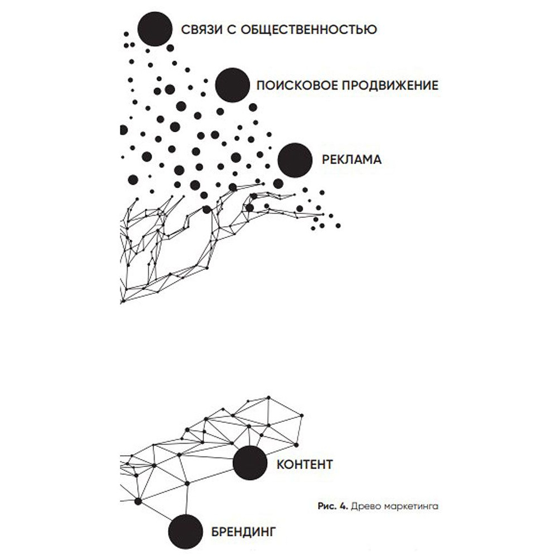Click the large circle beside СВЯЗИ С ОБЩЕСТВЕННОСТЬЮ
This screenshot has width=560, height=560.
(x=155, y=29)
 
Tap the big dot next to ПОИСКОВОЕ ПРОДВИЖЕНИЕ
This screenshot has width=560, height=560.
(x=232, y=85)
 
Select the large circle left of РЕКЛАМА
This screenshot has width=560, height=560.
(x=295, y=160)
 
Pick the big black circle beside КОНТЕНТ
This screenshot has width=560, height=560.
(x=250, y=463)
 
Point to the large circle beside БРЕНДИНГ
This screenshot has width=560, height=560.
(x=185, y=532)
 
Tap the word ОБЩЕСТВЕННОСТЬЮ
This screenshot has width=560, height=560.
(x=309, y=29)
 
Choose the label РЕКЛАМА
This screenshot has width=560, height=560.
(x=352, y=160)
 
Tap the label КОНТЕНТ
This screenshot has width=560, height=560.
(x=305, y=464)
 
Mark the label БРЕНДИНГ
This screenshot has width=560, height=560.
(x=244, y=532)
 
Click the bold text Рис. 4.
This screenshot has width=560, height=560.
(x=333, y=506)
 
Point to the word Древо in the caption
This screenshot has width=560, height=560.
(x=362, y=506)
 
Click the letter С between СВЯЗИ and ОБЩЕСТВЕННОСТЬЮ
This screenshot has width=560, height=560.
(x=231, y=29)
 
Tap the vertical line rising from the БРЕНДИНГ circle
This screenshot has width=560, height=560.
(x=186, y=500)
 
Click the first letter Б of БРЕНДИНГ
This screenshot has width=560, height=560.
(x=216, y=532)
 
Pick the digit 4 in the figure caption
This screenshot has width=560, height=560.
(x=343, y=506)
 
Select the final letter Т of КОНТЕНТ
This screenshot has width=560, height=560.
(x=328, y=464)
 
